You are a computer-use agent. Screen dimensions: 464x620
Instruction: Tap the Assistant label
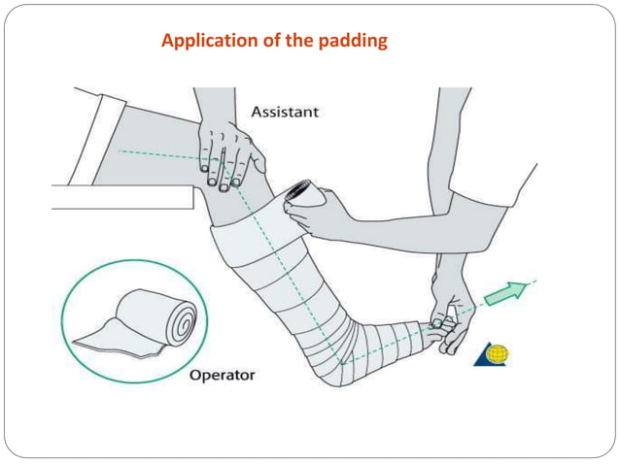[284, 112]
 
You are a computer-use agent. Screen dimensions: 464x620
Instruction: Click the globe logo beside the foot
[492, 354]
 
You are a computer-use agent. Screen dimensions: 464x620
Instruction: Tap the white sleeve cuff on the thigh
[92, 136]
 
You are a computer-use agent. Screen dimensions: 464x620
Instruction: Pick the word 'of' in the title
[270, 41]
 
